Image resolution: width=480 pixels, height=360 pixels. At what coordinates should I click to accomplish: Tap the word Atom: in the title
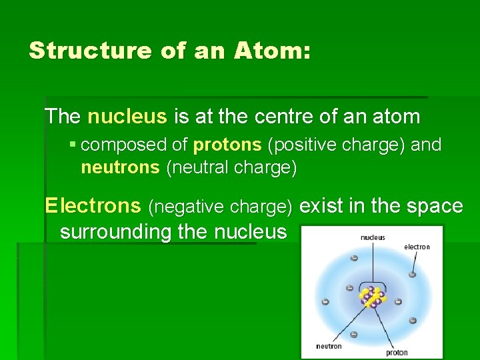click(273, 51)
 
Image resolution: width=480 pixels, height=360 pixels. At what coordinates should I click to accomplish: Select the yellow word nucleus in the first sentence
click(127, 117)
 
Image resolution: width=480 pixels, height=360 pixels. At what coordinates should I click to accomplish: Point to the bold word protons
click(227, 145)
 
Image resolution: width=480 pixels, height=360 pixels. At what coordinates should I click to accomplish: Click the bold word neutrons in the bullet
click(120, 168)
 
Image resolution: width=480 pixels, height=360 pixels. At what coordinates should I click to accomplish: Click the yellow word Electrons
click(93, 206)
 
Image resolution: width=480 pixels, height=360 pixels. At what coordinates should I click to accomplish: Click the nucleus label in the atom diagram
click(372, 237)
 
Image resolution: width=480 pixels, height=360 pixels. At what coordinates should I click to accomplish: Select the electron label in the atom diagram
click(417, 247)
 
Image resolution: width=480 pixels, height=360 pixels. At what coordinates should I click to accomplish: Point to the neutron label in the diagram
click(329, 346)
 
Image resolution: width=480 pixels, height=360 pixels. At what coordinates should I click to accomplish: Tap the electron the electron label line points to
click(413, 274)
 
